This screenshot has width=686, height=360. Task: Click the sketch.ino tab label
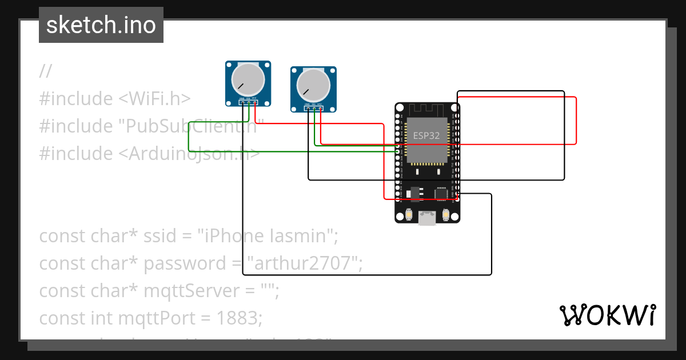(101, 25)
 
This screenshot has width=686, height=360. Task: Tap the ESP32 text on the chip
(427, 136)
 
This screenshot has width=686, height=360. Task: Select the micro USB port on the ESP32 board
(427, 217)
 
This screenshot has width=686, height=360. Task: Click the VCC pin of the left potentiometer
(254, 103)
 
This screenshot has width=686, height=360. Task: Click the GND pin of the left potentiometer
(242, 103)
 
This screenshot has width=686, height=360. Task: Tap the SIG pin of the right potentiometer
(314, 109)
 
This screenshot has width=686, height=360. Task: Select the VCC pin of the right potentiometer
(320, 109)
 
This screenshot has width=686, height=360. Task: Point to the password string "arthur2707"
(303, 263)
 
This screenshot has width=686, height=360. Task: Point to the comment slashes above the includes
(46, 71)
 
